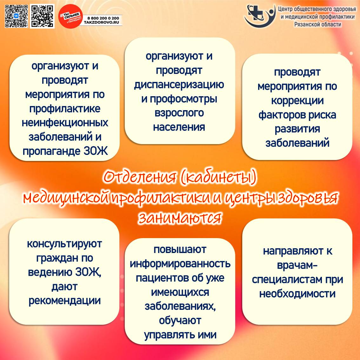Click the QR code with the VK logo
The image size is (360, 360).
[16, 16]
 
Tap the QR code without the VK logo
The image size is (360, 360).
[42, 16]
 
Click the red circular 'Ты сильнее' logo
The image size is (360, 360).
[70, 16]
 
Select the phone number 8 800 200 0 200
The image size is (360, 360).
[103, 18]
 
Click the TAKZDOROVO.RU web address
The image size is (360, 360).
[102, 23]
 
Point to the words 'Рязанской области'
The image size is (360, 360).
[317, 24]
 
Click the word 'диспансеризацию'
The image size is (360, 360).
[179, 85]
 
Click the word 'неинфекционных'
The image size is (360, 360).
[65, 123]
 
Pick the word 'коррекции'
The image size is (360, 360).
[297, 101]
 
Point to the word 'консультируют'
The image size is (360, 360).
[64, 244]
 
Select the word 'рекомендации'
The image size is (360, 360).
[64, 301]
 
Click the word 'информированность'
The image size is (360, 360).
[180, 264]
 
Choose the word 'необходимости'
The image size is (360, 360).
[297, 294]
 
